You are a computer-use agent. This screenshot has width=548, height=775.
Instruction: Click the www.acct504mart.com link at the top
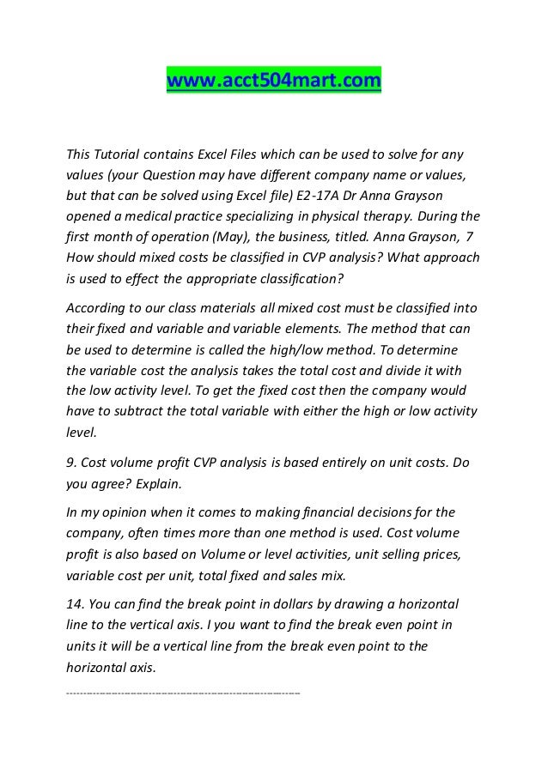[272, 82]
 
